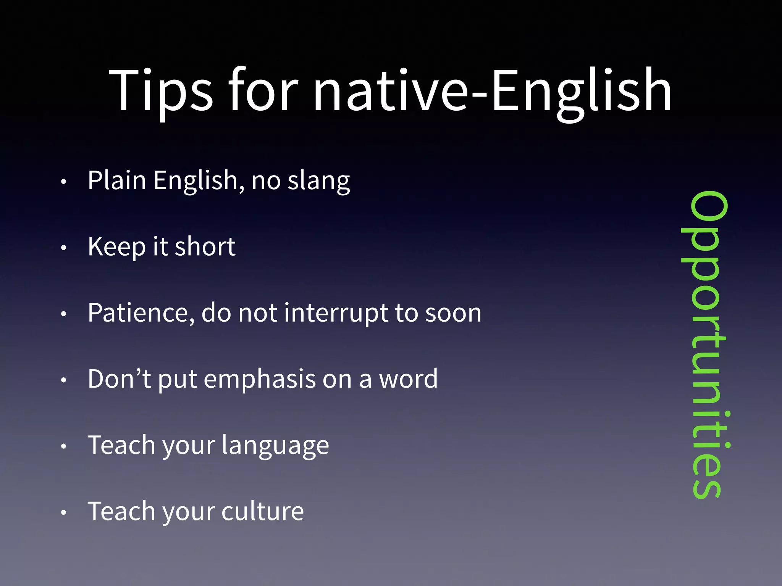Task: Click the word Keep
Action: coord(116,247)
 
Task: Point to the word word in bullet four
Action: coord(408,379)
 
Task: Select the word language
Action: coord(275,446)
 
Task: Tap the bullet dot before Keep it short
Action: coord(64,248)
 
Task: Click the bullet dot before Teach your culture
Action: coord(64,512)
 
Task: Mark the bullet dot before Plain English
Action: coord(64,182)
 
